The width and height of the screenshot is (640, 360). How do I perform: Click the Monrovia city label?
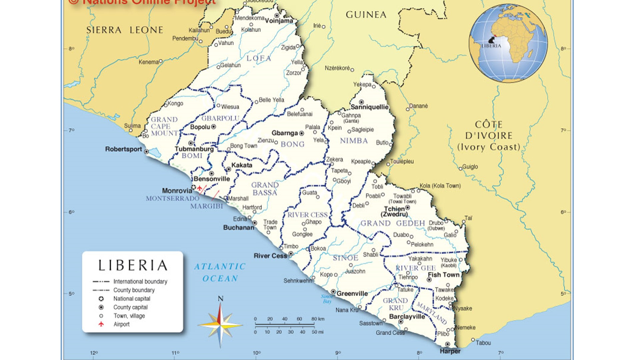[x=177, y=191]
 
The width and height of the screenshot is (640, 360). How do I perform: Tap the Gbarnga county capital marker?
[x=301, y=133]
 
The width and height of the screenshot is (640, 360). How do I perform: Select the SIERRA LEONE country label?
[x=125, y=30]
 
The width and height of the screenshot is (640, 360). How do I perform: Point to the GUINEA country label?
[x=366, y=15]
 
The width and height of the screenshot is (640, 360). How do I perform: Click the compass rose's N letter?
[x=220, y=299]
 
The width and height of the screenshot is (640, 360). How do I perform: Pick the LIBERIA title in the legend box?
[x=133, y=265]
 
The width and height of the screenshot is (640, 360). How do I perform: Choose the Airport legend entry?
[x=121, y=324]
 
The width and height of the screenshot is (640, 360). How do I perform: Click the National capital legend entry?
[x=132, y=299]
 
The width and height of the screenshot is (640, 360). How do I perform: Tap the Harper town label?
[x=450, y=351]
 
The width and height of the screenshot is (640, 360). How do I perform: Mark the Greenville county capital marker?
[x=333, y=292]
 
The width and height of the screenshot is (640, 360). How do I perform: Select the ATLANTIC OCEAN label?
[x=220, y=272]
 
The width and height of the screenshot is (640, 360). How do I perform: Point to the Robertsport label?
[x=123, y=149]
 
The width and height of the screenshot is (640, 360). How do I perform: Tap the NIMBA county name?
[x=354, y=141]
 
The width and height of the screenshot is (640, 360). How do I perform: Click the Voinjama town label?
[x=279, y=21]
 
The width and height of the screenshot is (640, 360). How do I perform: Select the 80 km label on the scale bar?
[x=317, y=319]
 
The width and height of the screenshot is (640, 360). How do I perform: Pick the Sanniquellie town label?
[x=369, y=107]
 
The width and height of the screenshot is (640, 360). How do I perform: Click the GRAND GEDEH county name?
[x=393, y=223]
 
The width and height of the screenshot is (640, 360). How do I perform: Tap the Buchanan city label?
[x=238, y=228]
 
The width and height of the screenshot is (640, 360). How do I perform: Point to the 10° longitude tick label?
[x=256, y=353]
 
